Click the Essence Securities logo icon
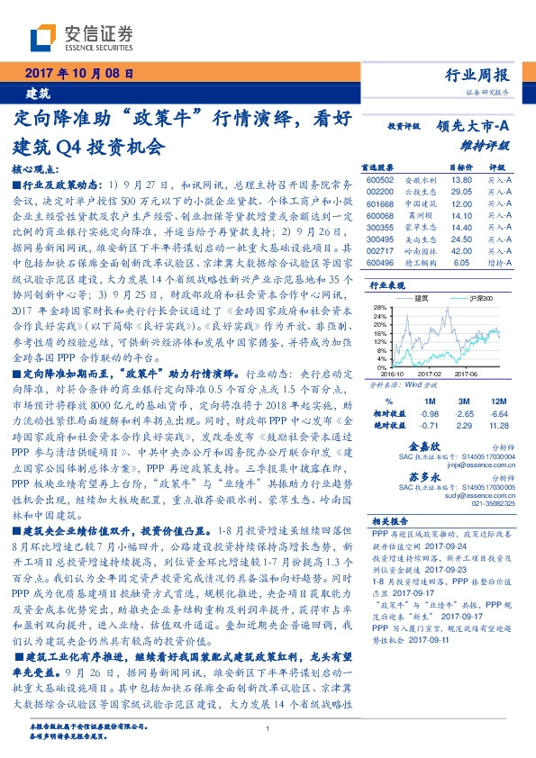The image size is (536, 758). [45, 37]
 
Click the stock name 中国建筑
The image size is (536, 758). [418, 204]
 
